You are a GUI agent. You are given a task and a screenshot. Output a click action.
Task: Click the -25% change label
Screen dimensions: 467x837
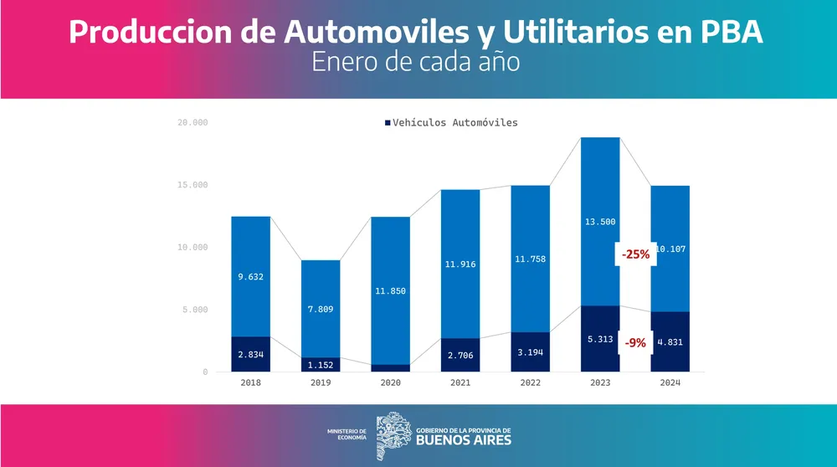tap(635, 254)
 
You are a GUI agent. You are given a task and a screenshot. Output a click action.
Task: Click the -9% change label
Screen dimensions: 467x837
tap(635, 342)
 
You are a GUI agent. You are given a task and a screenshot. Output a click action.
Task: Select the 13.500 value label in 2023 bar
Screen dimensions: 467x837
tap(599, 222)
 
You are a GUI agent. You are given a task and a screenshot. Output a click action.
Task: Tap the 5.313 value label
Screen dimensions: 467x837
tap(599, 341)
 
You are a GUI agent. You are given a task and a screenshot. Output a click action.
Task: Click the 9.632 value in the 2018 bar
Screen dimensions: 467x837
tap(250, 276)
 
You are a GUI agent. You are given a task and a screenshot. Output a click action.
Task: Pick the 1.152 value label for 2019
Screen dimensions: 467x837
tap(321, 365)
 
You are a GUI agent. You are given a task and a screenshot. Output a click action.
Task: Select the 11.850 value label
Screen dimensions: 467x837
tap(391, 292)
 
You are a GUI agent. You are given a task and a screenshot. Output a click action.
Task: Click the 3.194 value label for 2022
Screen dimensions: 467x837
tap(530, 352)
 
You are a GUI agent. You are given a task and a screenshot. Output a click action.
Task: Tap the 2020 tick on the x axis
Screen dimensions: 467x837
tap(391, 382)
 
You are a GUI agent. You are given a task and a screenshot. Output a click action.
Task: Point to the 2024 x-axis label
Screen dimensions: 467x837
tap(670, 382)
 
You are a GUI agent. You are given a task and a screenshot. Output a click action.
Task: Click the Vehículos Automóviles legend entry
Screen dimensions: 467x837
tap(451, 123)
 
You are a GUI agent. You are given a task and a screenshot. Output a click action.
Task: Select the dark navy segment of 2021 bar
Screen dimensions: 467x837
tap(460, 356)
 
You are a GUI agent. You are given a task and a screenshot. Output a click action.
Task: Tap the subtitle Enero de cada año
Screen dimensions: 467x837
tap(416, 63)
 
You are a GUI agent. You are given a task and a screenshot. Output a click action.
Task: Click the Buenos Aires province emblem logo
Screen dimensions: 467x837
tap(393, 435)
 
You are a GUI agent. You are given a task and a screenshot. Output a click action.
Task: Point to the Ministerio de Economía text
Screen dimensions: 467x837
tap(347, 434)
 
